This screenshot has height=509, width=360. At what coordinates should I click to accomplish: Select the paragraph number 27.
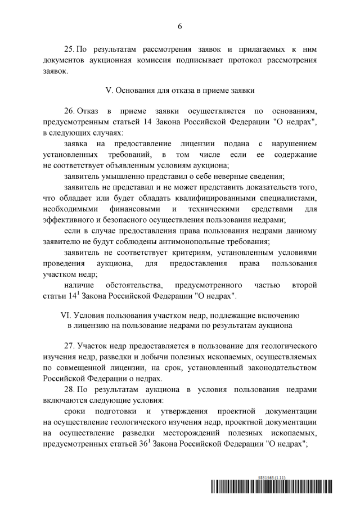70,344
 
